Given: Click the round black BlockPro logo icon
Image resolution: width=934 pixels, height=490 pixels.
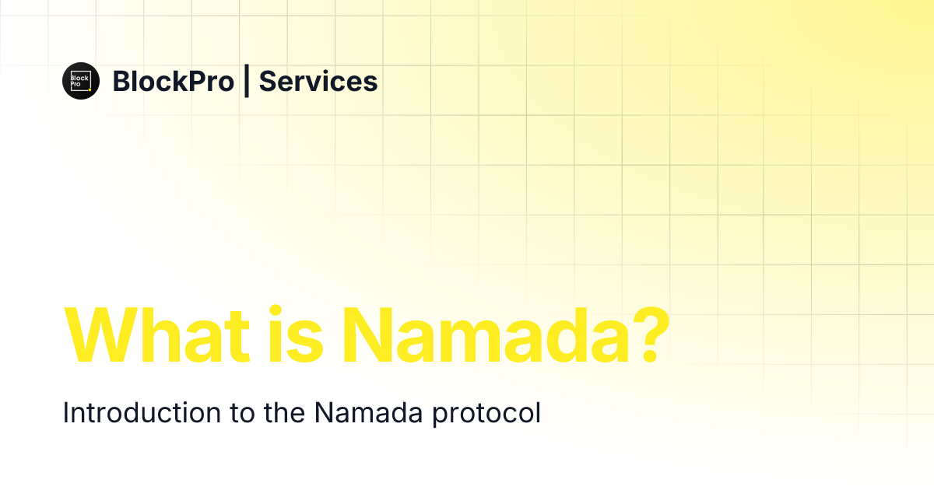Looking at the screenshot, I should pyautogui.click(x=81, y=81).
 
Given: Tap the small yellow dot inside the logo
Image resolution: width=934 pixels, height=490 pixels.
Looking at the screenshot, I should pyautogui.click(x=90, y=89).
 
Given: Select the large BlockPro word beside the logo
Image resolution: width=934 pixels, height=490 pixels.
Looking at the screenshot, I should pyautogui.click(x=173, y=81).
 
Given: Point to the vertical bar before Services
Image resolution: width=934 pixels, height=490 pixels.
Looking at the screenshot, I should pyautogui.click(x=247, y=81).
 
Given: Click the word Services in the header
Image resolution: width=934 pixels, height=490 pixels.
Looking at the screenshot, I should pyautogui.click(x=318, y=81).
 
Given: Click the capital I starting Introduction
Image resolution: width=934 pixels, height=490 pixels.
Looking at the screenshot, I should pyautogui.click(x=66, y=413).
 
